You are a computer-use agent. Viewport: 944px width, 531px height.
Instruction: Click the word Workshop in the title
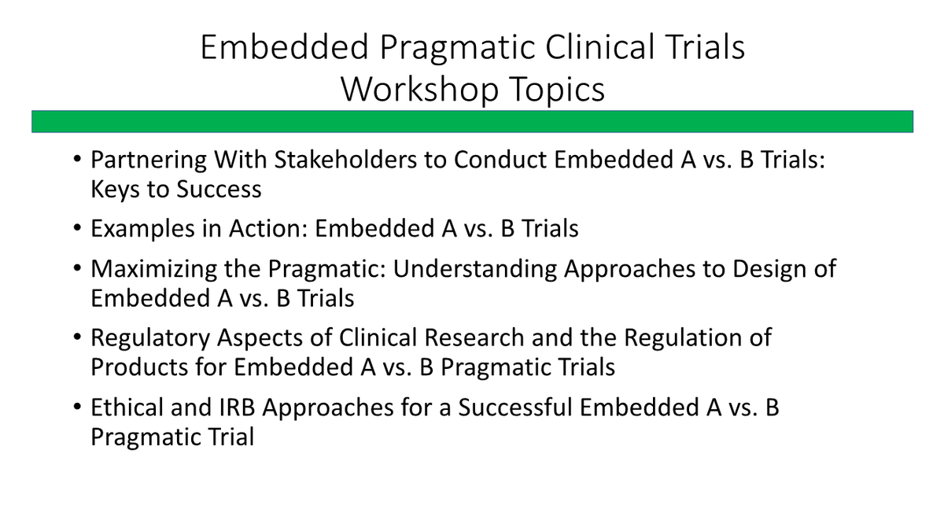420,90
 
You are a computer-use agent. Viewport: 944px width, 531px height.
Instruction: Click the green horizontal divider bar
473,121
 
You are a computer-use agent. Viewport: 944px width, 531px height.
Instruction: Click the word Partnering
149,160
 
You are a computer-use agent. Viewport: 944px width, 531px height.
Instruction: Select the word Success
219,190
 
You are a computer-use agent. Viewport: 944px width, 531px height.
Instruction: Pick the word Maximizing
154,269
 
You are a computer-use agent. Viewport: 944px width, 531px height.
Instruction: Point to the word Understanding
475,269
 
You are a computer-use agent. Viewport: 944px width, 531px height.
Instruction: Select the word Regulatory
150,338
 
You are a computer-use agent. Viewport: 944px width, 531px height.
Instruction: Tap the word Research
474,337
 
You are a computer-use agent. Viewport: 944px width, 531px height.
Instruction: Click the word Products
139,367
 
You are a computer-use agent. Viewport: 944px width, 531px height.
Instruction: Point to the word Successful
515,407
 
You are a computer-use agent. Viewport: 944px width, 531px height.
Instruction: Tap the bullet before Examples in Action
77,228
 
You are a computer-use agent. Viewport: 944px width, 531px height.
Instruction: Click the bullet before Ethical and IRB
77,407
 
